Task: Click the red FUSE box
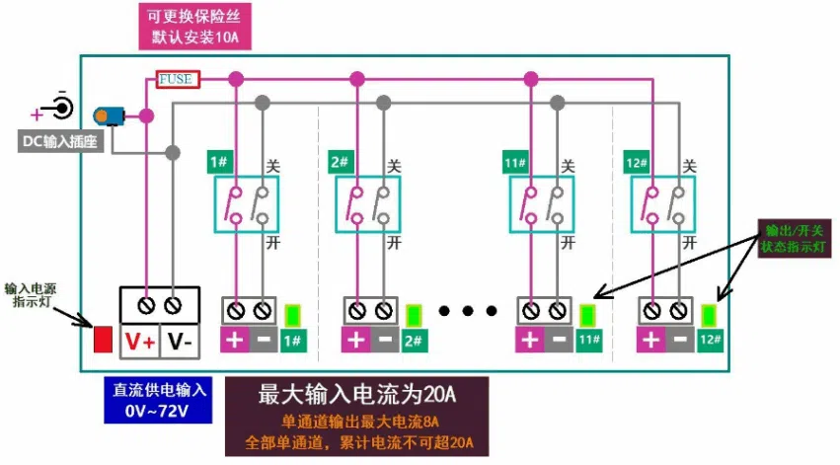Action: click(178, 79)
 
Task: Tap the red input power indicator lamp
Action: click(103, 339)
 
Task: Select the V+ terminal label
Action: click(140, 342)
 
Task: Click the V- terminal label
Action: click(180, 342)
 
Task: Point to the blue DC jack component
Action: click(109, 116)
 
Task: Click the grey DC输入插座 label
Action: click(60, 141)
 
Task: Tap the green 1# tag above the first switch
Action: click(220, 162)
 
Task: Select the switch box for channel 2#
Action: click(367, 204)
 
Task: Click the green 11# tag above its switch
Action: click(515, 162)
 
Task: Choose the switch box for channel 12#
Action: click(662, 204)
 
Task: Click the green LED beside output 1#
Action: click(292, 316)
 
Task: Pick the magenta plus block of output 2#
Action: click(356, 340)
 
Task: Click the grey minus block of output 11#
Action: click(560, 340)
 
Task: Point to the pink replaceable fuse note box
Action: click(195, 27)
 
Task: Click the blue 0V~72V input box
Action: click(158, 400)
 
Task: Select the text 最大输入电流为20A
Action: click(356, 395)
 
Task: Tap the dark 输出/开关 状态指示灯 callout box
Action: click(795, 238)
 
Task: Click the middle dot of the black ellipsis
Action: click(467, 311)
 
